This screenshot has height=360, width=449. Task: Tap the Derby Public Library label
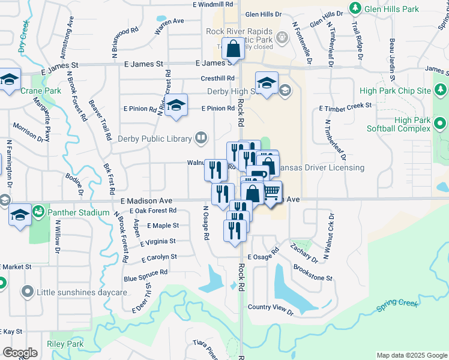[158, 139]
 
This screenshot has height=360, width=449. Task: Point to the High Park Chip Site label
[395, 91]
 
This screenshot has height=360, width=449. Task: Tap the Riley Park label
[65, 344]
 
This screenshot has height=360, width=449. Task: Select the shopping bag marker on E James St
[234, 48]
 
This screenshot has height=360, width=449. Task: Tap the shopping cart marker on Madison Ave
[271, 191]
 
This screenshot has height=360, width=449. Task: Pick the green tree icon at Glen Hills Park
[355, 8]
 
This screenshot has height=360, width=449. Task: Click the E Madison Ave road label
[146, 200]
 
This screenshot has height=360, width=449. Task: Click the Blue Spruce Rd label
[145, 275]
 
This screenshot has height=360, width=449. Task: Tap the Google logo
[20, 353]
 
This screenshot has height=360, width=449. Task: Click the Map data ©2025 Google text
[411, 355]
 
